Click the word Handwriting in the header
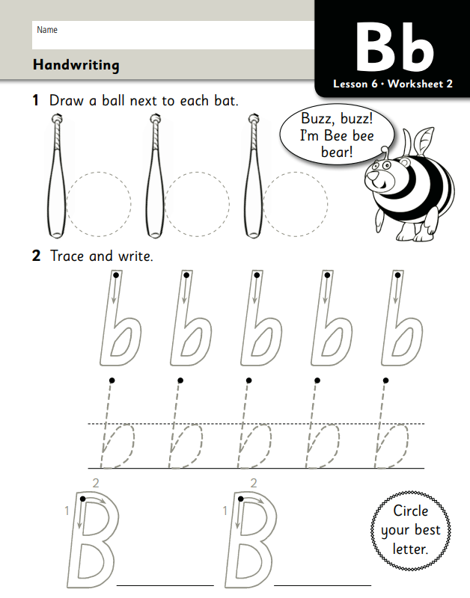[76, 66]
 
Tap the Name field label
[47, 30]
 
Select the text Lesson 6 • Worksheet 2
[393, 84]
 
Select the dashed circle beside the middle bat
[197, 203]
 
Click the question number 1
[35, 100]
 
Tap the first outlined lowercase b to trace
[120, 319]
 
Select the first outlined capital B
[94, 538]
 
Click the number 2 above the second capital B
[254, 483]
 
